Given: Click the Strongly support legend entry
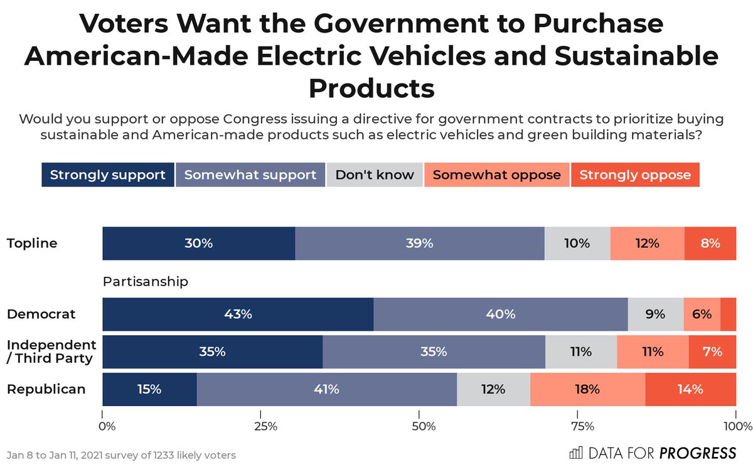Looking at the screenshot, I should point(107,175).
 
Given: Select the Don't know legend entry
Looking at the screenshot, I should point(375,175).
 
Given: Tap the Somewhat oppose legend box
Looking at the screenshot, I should point(496,175).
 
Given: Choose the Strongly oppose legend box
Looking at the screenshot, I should point(634,175).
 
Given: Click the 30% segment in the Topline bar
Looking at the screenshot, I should point(198,244).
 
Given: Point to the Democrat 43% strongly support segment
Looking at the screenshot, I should point(238,314).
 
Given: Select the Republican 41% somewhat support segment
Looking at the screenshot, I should point(326,389).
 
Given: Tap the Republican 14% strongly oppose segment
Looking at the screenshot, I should point(690,389).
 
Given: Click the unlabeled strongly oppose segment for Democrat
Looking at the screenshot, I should point(729,314).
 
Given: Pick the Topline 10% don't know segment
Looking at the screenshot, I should point(577,244).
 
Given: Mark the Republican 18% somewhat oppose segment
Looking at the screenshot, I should point(587,389).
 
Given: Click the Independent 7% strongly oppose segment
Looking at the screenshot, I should point(712,352).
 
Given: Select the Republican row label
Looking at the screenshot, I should point(46,389).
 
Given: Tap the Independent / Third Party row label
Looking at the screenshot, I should point(51,352).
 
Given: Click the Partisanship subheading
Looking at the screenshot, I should point(145,282).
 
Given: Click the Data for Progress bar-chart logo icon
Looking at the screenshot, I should point(575,453).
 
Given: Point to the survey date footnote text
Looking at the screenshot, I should point(121,454).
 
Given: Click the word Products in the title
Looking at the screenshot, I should point(371,89).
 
